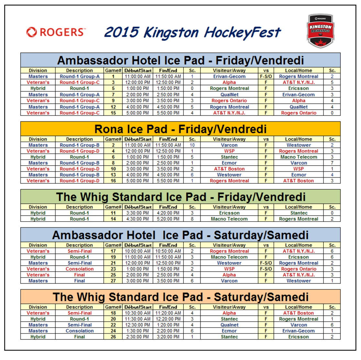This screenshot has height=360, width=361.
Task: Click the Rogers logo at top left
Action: coord(56,32)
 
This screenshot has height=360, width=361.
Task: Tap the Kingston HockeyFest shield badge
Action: coord(320,31)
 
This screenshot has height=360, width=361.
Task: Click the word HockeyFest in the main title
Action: coord(242,32)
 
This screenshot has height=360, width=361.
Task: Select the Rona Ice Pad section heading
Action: coord(180,129)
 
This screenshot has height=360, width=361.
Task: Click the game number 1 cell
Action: coord(113,76)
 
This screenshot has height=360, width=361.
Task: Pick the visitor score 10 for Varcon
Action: coord(192,145)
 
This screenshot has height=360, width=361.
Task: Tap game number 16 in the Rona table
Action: coord(113,181)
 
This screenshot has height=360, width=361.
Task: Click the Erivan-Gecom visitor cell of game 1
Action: coord(229,76)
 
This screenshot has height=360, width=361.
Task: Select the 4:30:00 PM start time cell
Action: coord(138,219)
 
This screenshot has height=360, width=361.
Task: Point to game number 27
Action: coord(113,281)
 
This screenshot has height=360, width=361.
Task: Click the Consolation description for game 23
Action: coord(80,269)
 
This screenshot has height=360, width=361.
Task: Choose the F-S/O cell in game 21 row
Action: coord(266,263)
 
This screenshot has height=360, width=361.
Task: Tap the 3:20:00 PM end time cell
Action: coord(168,337)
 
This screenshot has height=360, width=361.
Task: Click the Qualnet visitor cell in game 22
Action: coord(229,325)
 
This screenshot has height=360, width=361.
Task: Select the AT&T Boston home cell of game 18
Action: coord(298,313)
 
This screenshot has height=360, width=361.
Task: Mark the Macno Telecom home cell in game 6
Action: coord(299,157)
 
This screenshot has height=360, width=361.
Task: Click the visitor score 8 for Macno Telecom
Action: coord(192,219)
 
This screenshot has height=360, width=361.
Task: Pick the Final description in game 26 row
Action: coord(80,337)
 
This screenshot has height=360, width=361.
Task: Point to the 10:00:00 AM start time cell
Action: coord(138,251)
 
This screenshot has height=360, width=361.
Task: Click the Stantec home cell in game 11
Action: coord(299,213)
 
